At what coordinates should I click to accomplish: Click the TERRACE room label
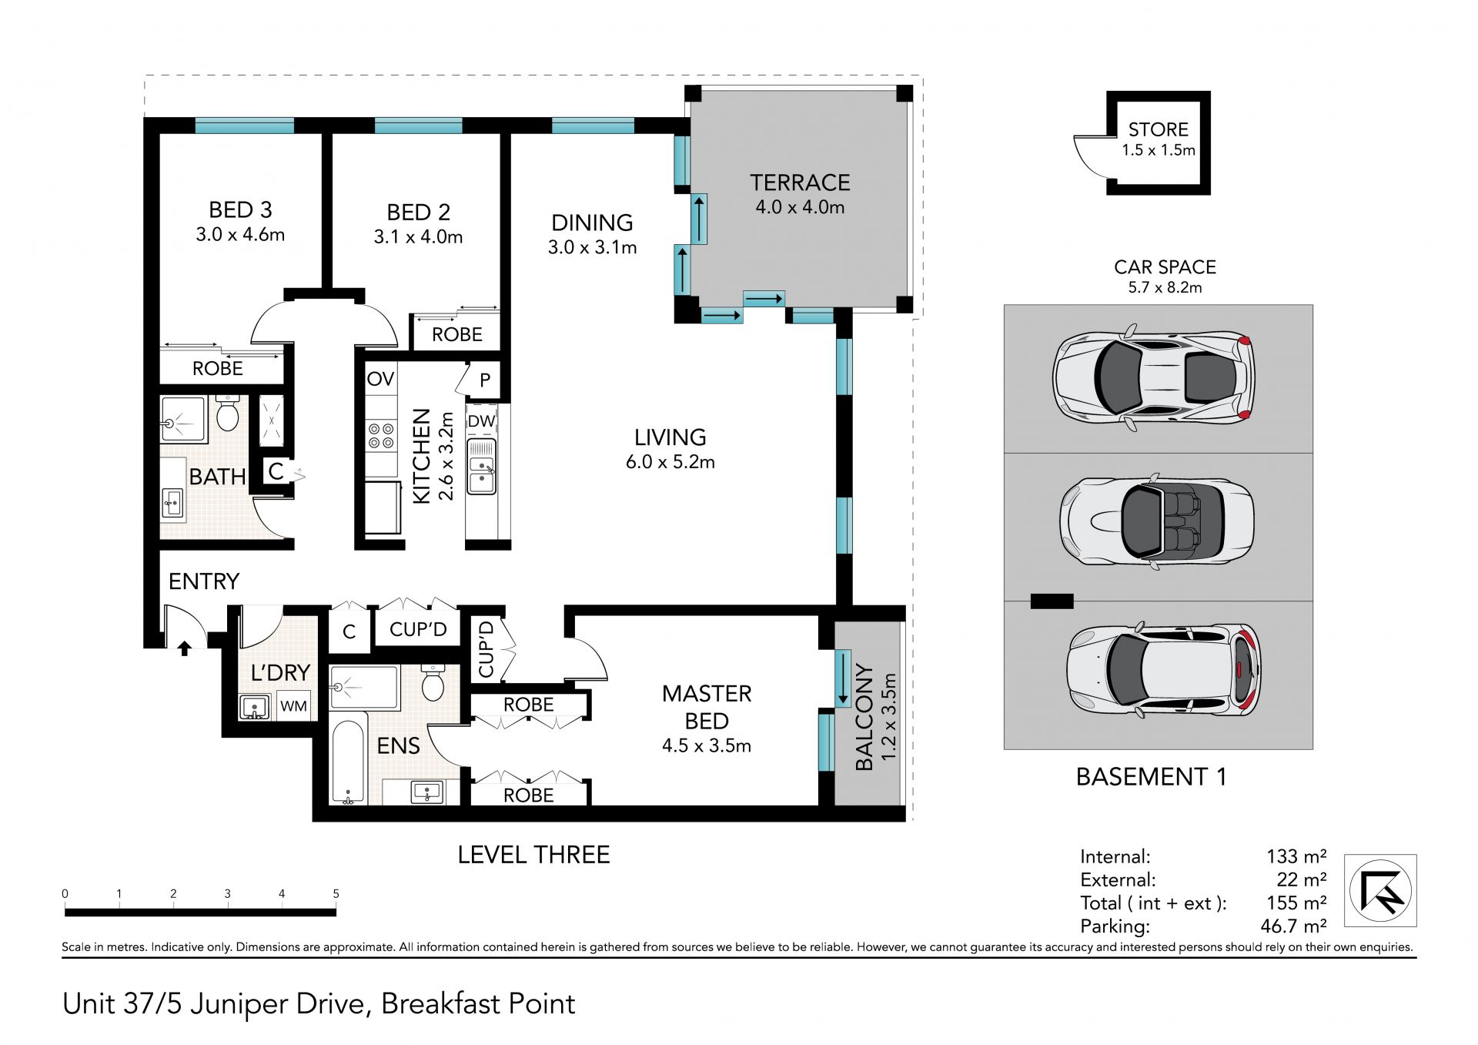800,183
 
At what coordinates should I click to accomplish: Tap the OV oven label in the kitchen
380,379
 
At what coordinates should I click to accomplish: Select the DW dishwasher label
482,421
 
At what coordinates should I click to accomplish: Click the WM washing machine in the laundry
293,706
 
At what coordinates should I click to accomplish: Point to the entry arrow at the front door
185,648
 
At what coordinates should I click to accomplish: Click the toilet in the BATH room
227,414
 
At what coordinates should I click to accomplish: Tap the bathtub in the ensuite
349,762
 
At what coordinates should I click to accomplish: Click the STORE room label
1159,129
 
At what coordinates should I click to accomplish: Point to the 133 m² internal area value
1296,856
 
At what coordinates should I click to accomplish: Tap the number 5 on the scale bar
336,894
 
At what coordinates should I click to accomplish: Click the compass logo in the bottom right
1380,890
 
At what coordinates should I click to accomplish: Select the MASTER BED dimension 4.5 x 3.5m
707,745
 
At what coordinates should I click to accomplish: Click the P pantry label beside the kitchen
485,380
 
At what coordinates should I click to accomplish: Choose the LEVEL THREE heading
533,855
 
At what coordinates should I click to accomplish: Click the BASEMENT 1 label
1151,776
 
